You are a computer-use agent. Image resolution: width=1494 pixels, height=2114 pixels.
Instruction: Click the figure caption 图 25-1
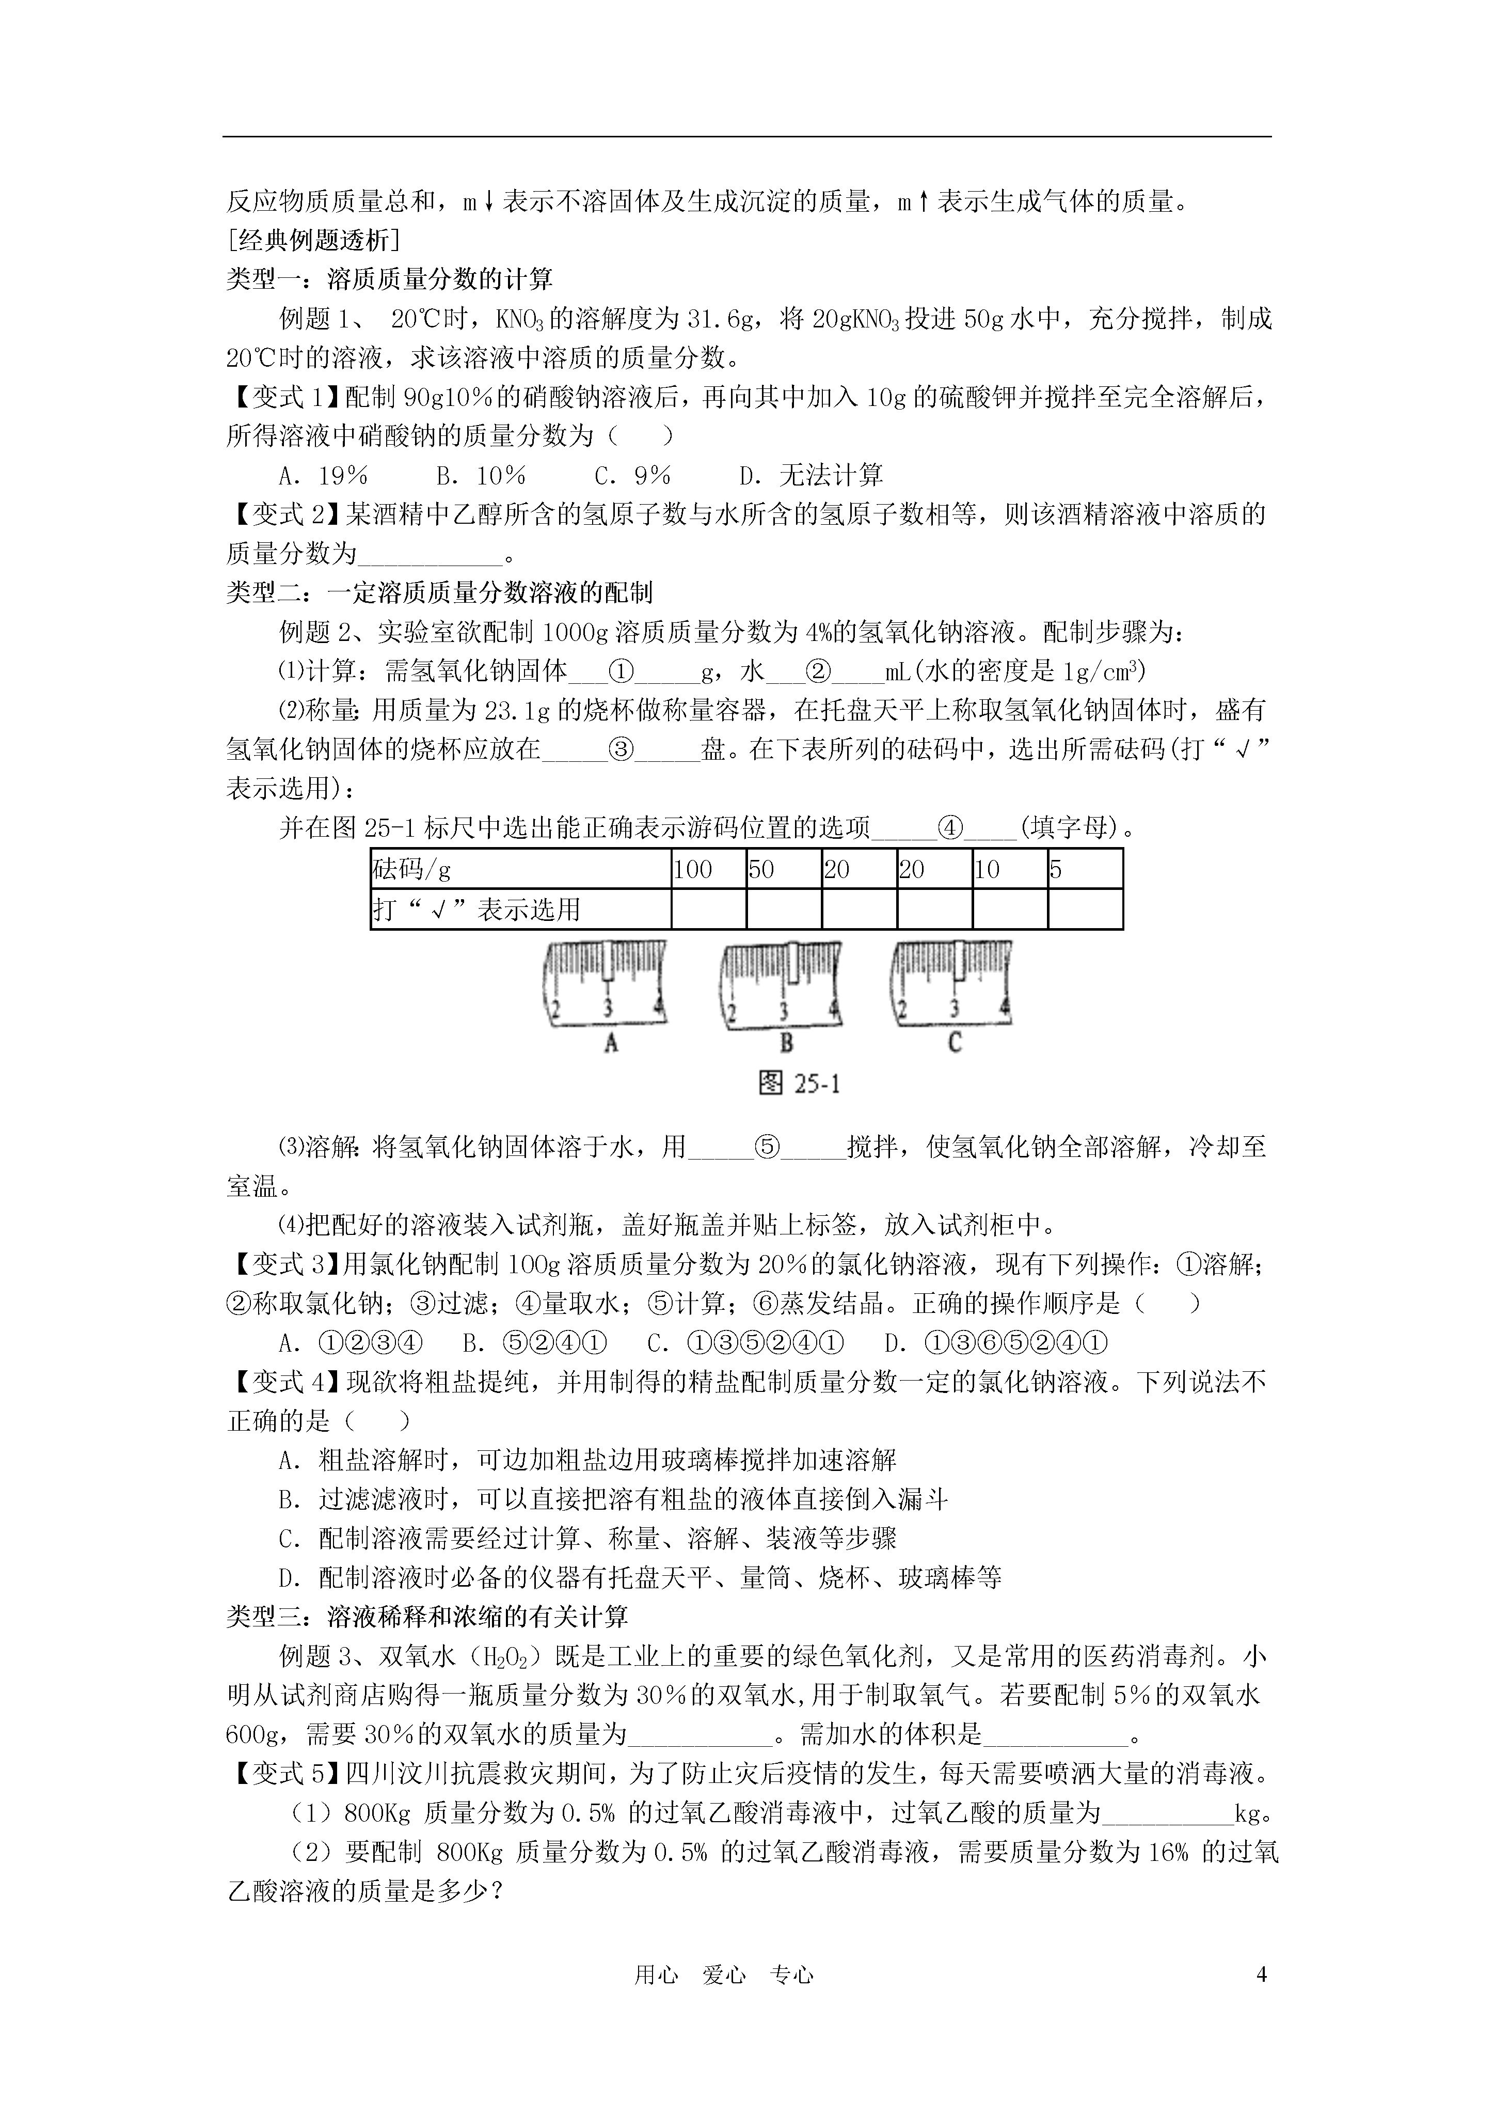coord(799,1084)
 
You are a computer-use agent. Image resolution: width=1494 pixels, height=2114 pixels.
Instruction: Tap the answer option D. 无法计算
coord(811,475)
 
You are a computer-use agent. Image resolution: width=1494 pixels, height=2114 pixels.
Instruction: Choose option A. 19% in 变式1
coord(323,475)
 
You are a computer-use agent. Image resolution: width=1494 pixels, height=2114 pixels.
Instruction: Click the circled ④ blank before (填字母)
coord(949,828)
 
